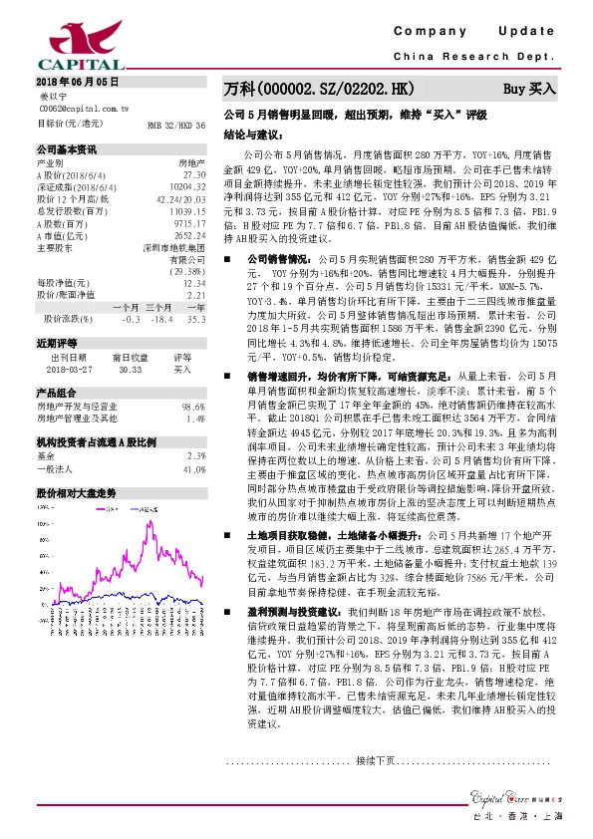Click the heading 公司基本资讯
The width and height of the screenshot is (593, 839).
(x=67, y=149)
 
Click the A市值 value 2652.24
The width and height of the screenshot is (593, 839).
(x=188, y=234)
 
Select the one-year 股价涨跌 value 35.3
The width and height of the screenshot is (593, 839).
(x=195, y=319)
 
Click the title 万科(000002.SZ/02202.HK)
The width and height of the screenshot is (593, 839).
(x=318, y=89)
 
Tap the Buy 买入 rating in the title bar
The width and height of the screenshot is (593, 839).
(x=529, y=89)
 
